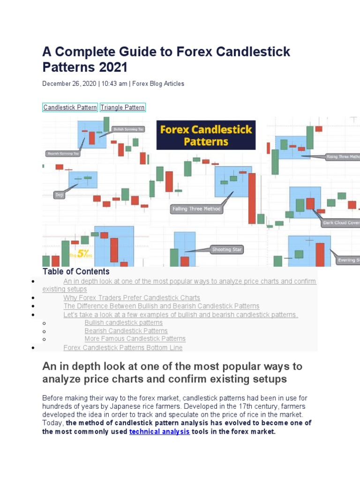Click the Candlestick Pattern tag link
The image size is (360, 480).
70,107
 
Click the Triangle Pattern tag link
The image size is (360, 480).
123,107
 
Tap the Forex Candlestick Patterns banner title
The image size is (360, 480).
206,135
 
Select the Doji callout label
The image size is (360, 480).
60,195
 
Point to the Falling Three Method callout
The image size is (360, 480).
196,209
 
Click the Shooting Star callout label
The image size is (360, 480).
227,249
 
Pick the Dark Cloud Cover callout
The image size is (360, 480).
340,223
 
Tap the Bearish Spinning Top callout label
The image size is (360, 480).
63,153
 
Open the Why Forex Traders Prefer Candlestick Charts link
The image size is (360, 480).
132,298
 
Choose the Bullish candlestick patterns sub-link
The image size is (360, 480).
123,322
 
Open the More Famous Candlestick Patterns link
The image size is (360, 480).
135,338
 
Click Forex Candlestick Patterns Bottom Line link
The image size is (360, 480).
123,348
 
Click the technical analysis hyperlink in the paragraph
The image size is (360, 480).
159,431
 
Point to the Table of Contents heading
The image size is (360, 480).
76,271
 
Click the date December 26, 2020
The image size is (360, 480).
69,83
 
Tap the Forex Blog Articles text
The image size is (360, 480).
158,83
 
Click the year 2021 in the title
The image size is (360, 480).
112,67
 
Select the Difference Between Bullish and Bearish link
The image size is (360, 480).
161,306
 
